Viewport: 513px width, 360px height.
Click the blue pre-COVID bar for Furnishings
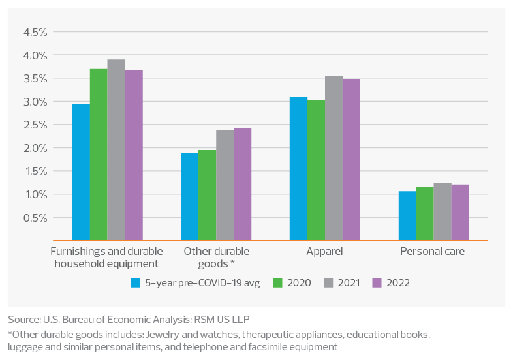tap(81, 172)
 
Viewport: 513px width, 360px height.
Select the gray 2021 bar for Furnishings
tap(116, 150)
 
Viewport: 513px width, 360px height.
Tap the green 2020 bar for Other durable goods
tap(208, 195)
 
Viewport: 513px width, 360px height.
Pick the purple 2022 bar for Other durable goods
tap(243, 185)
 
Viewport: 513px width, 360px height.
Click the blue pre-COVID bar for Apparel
tap(298, 169)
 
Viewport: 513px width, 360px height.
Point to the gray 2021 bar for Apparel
tap(334, 158)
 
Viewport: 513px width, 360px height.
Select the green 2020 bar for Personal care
tap(425, 213)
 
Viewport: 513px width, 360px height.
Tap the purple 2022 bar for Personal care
tap(460, 212)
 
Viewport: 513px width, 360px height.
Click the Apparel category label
tap(324, 251)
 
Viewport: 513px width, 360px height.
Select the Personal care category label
tap(432, 251)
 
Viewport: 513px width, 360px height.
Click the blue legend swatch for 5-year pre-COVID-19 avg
tap(136, 283)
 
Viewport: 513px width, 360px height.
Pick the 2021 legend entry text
tap(349, 283)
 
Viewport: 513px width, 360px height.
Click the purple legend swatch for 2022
tap(376, 283)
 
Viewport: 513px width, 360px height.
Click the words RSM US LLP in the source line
tap(223, 319)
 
